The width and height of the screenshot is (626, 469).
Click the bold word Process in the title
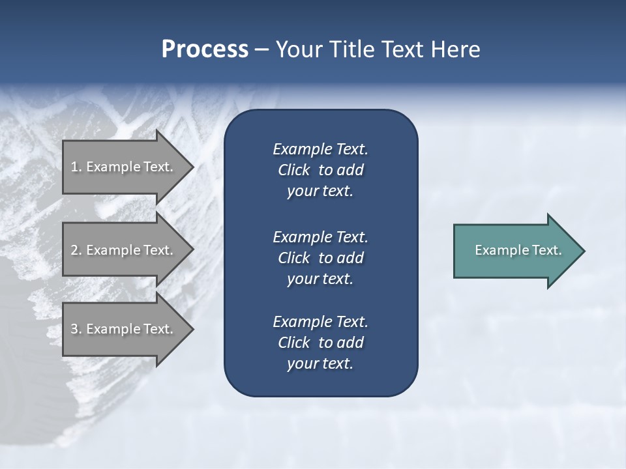[205, 50]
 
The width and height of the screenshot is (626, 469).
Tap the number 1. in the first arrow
[76, 167]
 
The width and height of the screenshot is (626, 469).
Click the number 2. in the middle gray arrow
[76, 250]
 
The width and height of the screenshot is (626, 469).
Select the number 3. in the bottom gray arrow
[76, 329]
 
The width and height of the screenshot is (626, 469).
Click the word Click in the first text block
[294, 170]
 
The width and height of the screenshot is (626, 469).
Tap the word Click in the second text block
[294, 258]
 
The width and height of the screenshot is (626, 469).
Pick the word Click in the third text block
[294, 343]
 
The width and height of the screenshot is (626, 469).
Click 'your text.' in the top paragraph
[320, 192]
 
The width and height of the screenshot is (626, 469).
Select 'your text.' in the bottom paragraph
[320, 364]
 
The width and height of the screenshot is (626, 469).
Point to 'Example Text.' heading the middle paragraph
[320, 237]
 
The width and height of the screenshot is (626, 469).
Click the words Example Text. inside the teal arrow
[518, 250]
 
